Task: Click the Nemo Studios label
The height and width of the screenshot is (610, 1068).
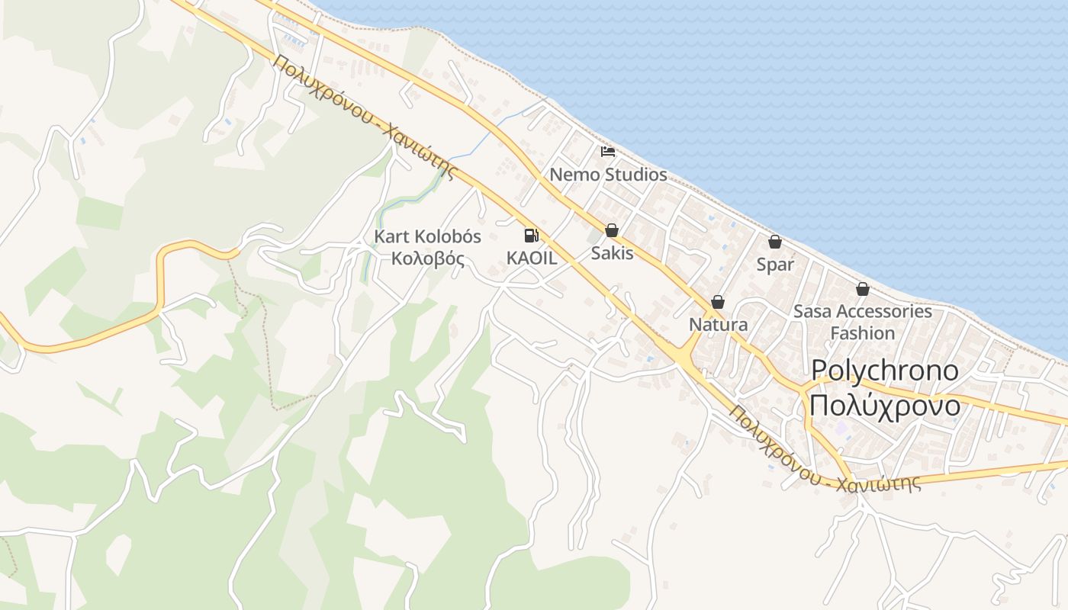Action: (x=608, y=175)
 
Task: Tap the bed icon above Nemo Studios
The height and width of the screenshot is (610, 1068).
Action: (x=608, y=152)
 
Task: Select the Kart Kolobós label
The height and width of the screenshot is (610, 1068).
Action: (x=427, y=237)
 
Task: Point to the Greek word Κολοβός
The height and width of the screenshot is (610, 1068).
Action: (x=427, y=258)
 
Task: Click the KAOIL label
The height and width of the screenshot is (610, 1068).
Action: (x=532, y=258)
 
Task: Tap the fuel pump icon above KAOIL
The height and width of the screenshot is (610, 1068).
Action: (x=532, y=236)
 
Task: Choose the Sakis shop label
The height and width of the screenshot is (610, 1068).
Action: (x=612, y=252)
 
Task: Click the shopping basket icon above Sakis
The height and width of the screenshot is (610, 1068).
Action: (x=612, y=230)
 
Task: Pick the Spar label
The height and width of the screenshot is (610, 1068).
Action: (x=775, y=265)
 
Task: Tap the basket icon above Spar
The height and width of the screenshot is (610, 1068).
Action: (x=775, y=242)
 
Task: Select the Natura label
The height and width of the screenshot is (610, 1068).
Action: (x=718, y=324)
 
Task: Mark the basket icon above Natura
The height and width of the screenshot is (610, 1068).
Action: (x=718, y=303)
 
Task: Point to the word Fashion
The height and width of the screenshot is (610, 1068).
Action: (x=863, y=333)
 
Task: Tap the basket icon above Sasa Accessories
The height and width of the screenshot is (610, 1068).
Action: (x=863, y=289)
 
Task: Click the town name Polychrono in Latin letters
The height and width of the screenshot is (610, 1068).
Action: (x=885, y=371)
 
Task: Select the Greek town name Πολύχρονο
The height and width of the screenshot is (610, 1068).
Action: (x=885, y=406)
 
